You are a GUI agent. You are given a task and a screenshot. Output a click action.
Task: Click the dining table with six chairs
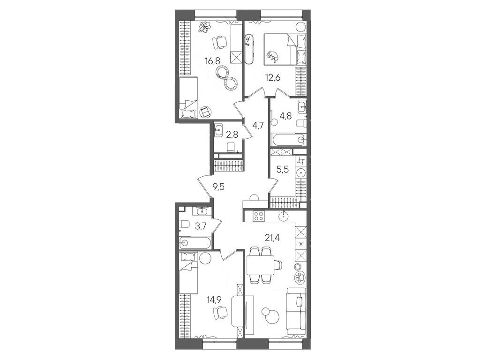260,265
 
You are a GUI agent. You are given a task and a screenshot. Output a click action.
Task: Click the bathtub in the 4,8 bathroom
288,140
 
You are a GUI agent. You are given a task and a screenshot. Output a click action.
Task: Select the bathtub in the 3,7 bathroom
195,243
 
